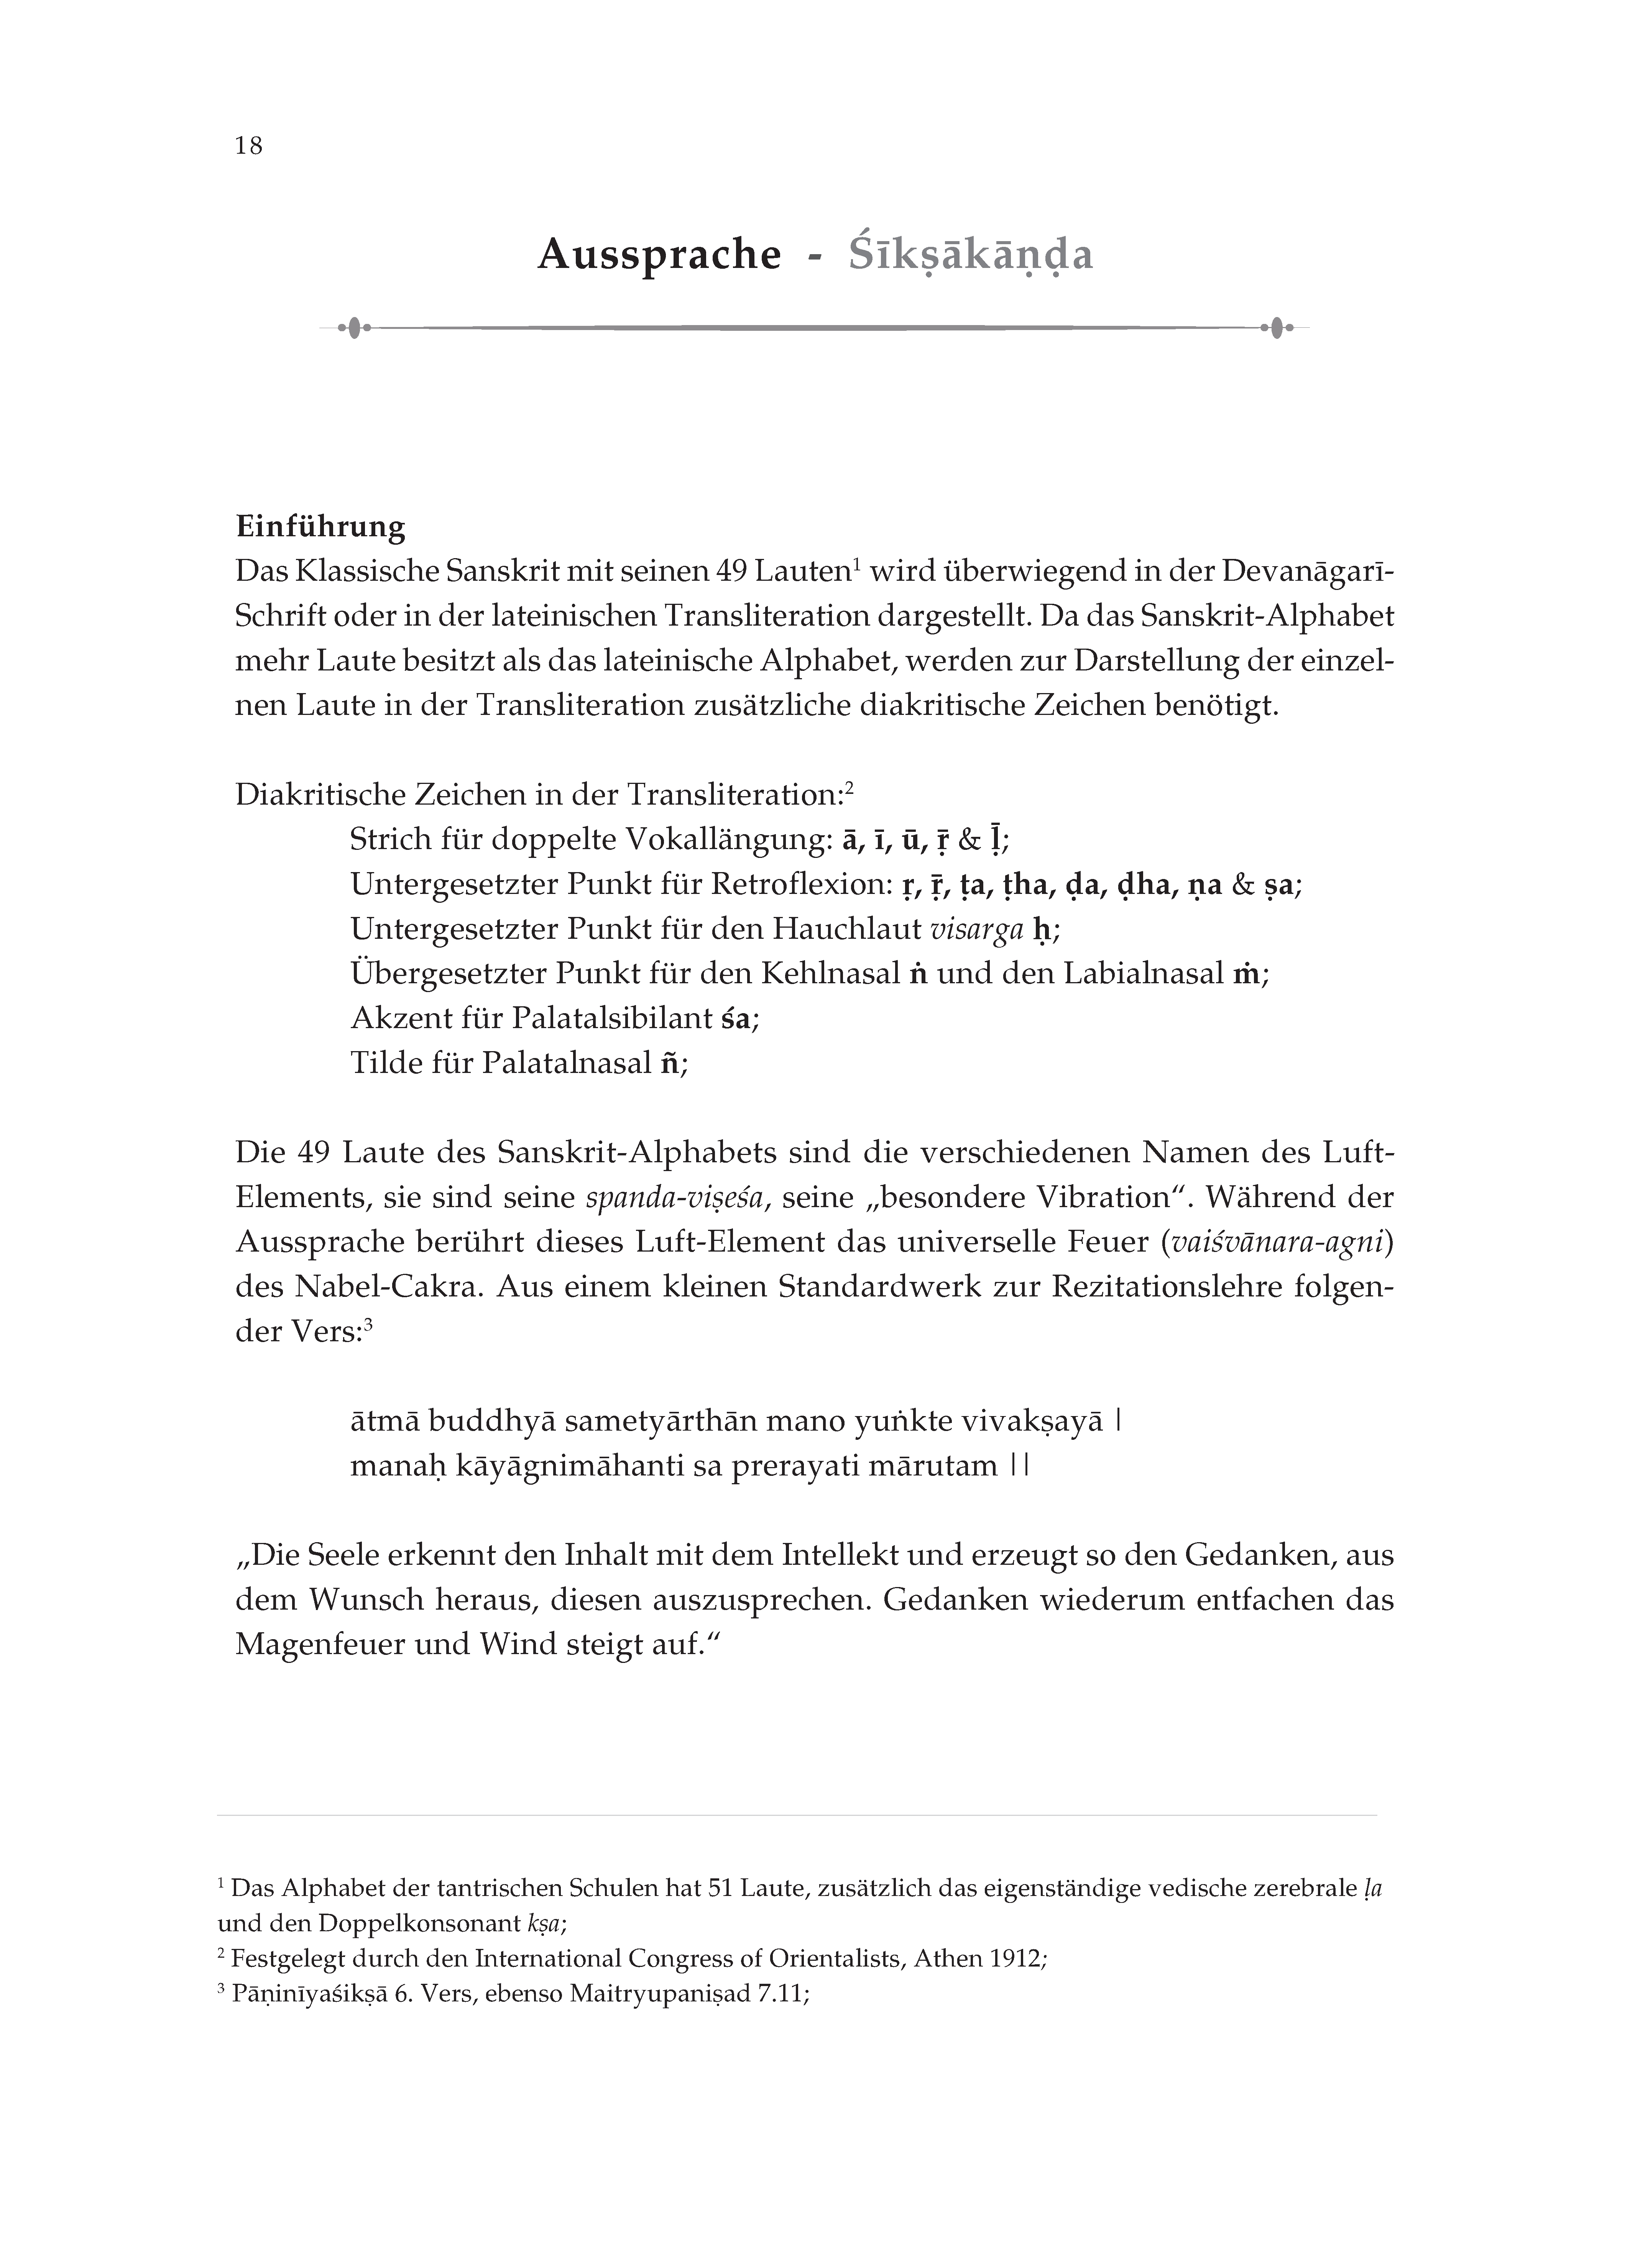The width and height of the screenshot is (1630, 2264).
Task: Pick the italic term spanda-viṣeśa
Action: click(x=677, y=1198)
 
